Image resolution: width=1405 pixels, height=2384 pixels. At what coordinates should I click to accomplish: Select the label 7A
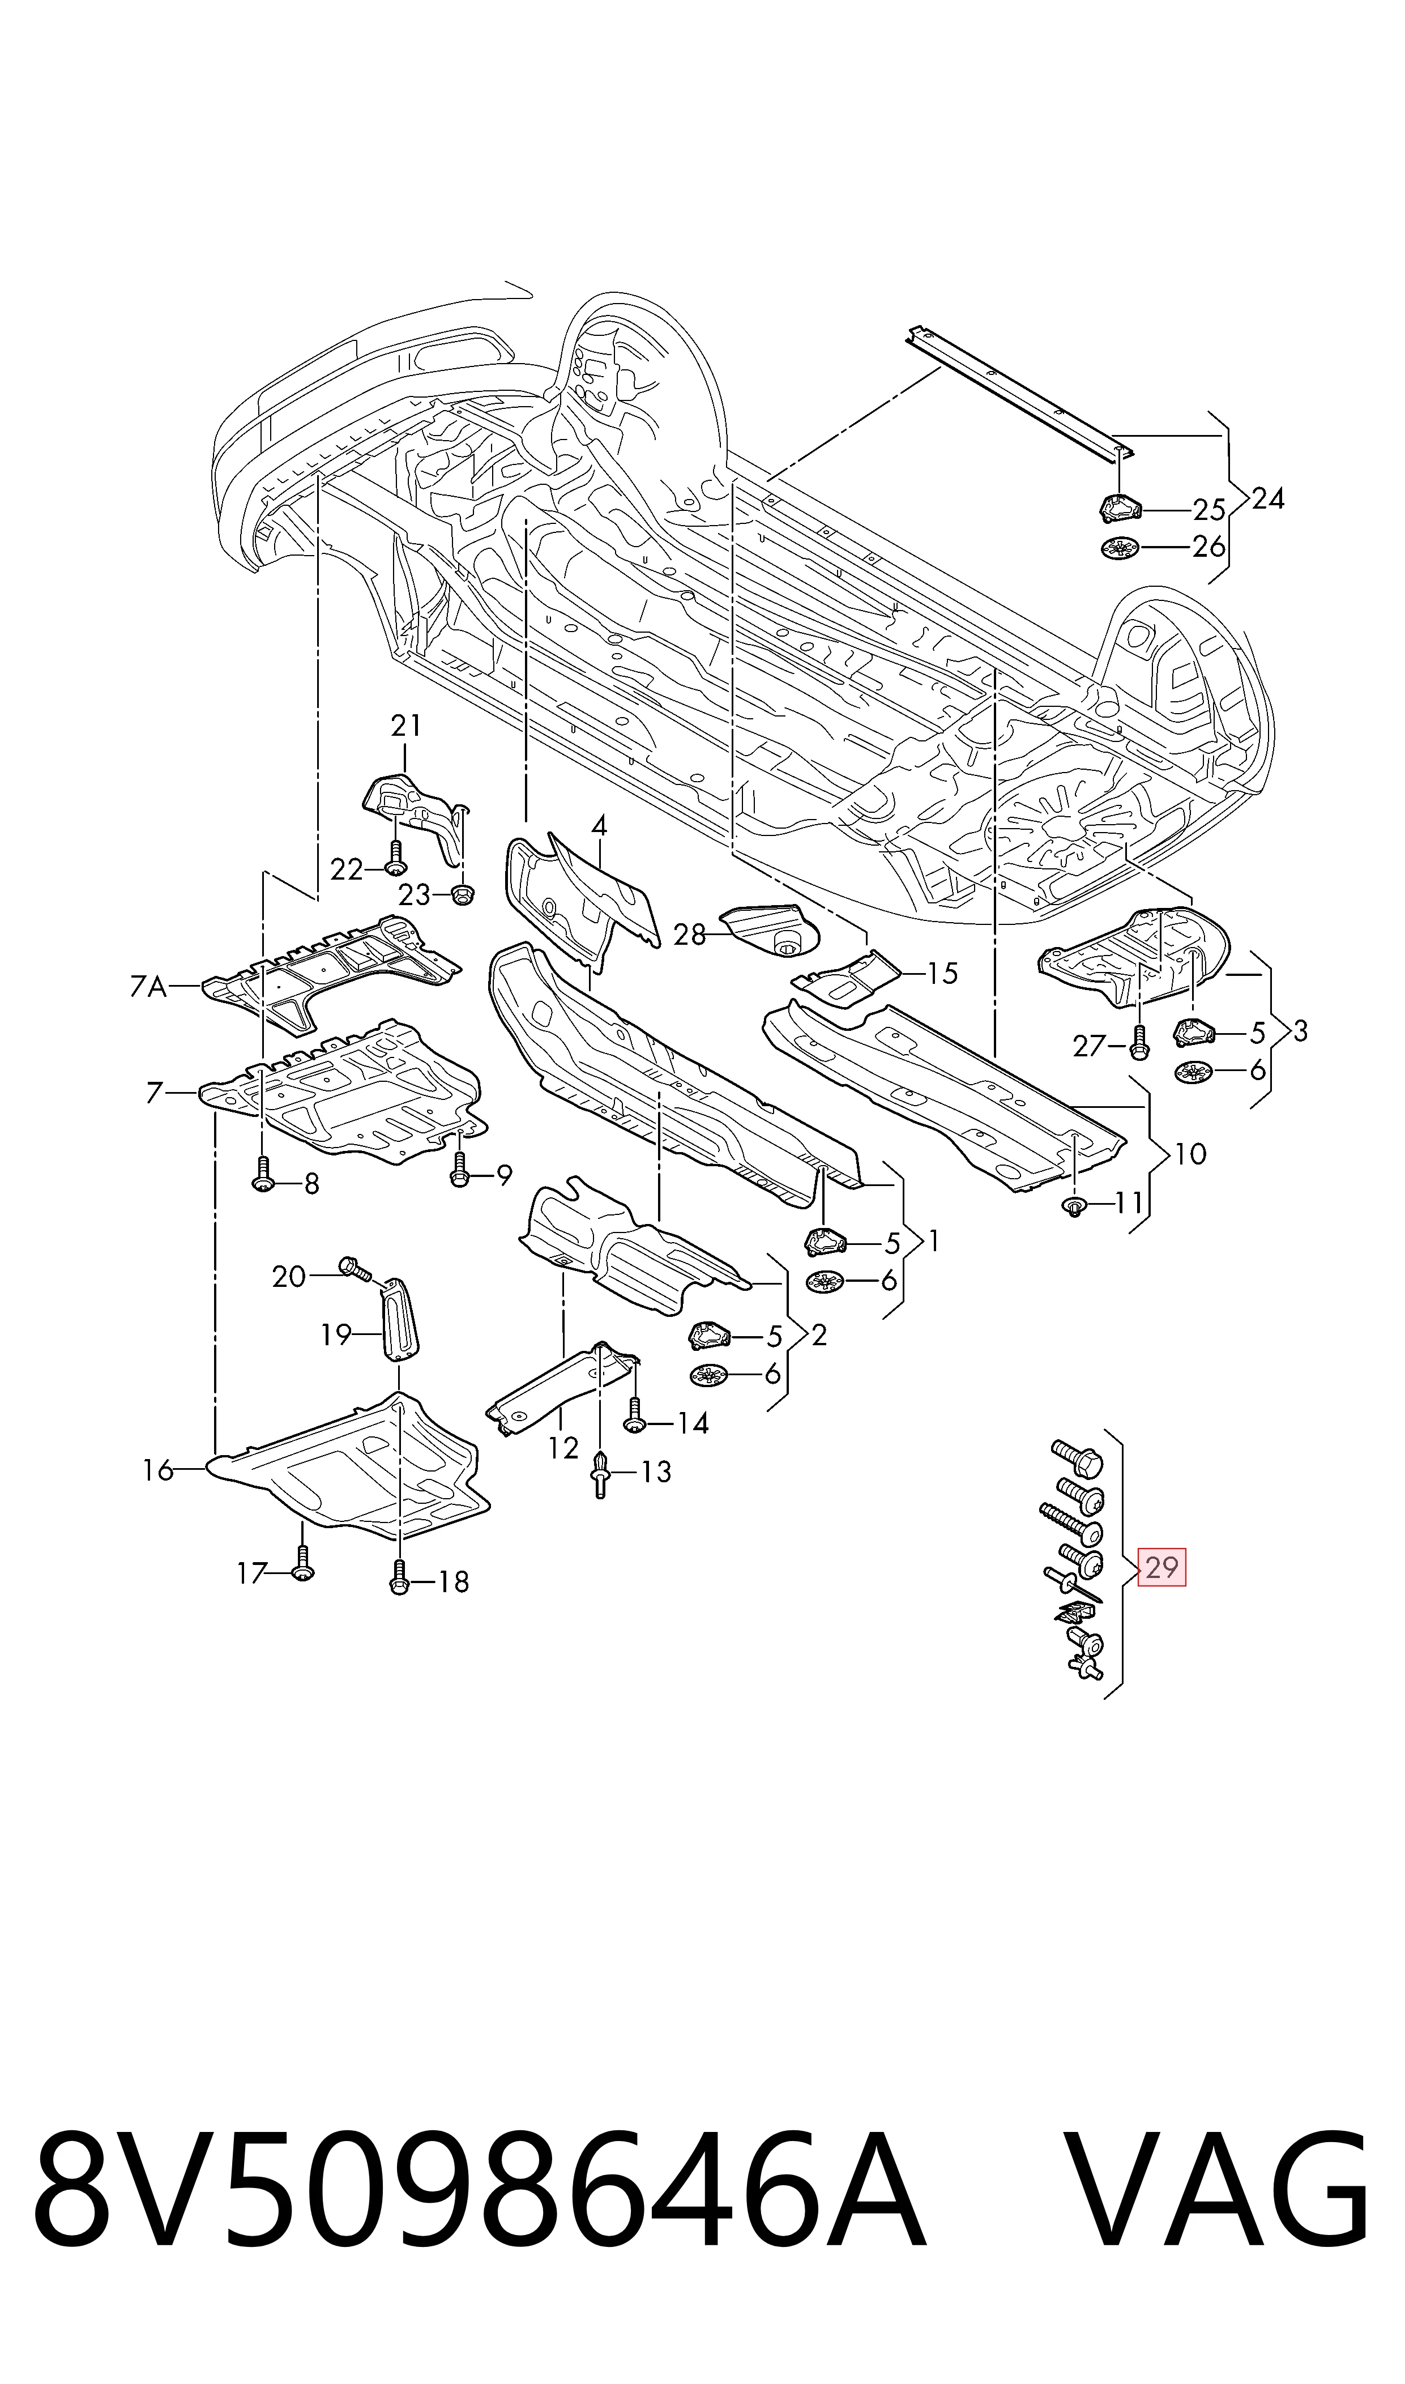pos(148,987)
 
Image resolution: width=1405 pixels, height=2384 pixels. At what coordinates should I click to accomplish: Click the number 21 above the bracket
pos(405,726)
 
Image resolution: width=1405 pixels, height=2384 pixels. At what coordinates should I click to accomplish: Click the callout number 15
pos(942,973)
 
